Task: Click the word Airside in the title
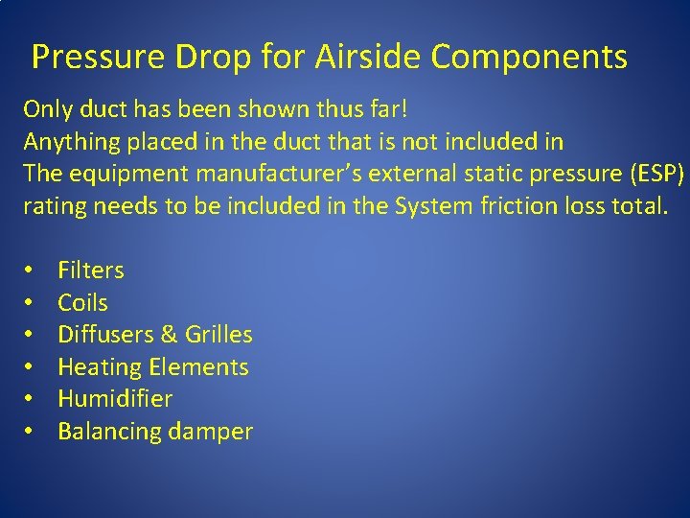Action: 370,58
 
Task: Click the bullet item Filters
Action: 91,271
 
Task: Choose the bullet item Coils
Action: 82,303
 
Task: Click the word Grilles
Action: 218,335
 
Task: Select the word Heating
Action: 100,367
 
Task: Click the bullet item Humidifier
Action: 115,399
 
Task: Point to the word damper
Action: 210,433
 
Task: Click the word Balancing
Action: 109,432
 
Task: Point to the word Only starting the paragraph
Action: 46,109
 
